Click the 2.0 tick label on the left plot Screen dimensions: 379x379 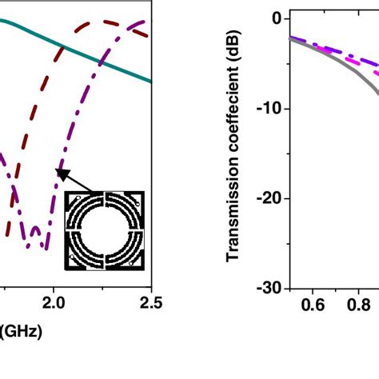(x=54, y=302)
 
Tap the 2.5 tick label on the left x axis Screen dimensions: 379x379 (x=150, y=302)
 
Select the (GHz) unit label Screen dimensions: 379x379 (x=21, y=329)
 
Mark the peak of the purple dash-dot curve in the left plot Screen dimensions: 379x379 (x=142, y=22)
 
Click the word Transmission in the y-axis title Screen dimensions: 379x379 (x=233, y=215)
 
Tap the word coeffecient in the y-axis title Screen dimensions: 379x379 (x=233, y=119)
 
